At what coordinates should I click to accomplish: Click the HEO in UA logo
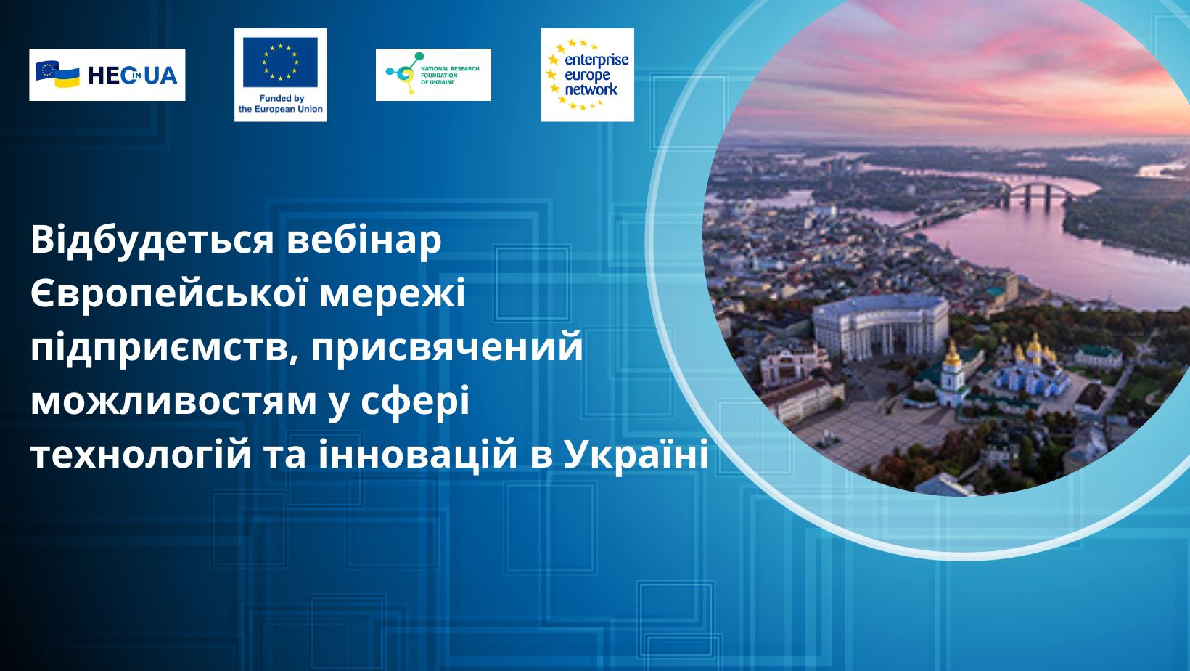(x=107, y=75)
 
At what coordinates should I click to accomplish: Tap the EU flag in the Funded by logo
(x=280, y=61)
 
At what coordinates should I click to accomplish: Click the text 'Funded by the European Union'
(x=280, y=104)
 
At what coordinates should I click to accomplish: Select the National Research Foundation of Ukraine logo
(x=433, y=75)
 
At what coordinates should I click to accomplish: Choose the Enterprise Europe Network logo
(x=587, y=75)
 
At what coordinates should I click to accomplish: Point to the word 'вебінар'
(x=364, y=241)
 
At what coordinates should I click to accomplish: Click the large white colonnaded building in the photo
(x=879, y=327)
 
